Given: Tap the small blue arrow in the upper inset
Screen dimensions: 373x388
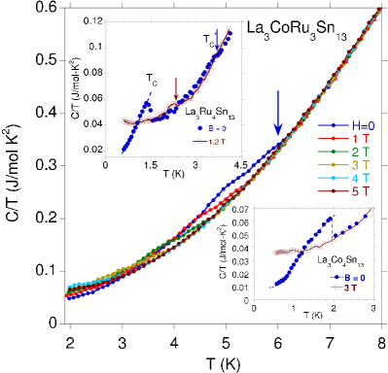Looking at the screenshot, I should tap(217, 40).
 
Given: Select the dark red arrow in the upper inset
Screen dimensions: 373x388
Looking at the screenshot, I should tap(176, 88).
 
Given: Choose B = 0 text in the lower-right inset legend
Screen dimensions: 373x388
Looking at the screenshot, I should tap(352, 277).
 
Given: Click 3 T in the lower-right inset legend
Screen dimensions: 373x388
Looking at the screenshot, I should tap(350, 288).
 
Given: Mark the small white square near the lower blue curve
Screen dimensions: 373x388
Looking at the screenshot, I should tap(265, 286).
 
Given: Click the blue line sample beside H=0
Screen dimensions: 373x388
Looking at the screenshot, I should tap(329, 124).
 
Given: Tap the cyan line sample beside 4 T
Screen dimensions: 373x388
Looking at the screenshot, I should tap(329, 178).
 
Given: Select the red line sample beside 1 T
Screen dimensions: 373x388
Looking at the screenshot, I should tap(329, 138).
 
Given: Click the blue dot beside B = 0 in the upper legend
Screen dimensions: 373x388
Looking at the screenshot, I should tap(199, 128).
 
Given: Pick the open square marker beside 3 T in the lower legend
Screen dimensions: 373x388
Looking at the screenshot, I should tap(335, 288).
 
